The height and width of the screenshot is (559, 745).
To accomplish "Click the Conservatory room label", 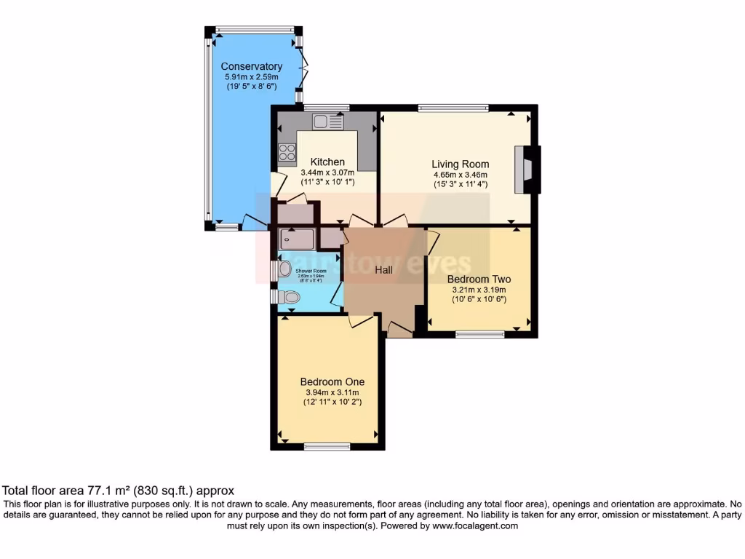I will pos(251,67).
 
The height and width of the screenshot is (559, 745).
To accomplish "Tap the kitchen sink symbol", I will pos(327,122).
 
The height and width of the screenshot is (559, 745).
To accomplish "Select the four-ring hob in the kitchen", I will pos(287,153).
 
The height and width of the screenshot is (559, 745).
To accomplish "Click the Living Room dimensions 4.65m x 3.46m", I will pos(460,175).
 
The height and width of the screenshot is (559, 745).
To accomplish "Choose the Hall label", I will pos(383,270).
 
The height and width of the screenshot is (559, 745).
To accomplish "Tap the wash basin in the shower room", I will pos(284,269).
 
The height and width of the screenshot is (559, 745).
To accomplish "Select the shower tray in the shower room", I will pos(296,239).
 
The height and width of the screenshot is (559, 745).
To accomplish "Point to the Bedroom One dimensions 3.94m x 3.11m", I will pos(332,392).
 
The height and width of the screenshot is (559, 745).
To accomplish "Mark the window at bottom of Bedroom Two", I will pos(480,335).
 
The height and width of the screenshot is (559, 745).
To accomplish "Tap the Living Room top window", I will pos(453,108).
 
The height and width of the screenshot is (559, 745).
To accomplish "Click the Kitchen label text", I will pos(327,162).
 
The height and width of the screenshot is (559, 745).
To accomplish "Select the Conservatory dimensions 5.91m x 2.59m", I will pos(251,77).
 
